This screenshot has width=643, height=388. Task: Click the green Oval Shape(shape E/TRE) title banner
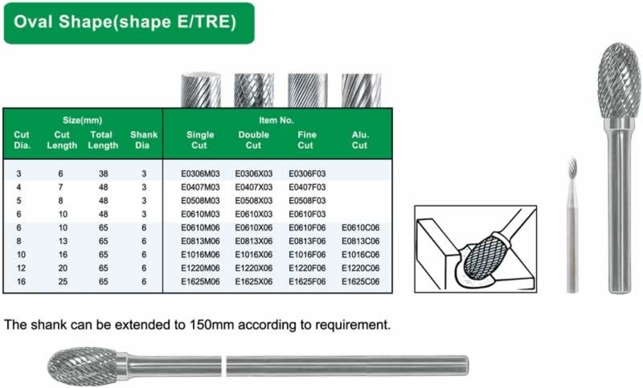pos(129,23)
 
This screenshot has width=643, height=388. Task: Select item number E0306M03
pos(200,174)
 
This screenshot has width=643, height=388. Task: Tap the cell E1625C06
pos(360,281)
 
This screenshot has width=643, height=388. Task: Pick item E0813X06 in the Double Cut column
pos(253,241)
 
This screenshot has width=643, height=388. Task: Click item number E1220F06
pos(307,268)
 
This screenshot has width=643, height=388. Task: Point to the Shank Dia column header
pos(144,140)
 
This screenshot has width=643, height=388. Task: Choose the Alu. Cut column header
pos(359,140)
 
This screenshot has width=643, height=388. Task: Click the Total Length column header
pos(103,140)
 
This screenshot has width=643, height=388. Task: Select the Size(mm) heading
pos(83,120)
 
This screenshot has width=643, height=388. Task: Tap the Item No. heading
pos(276,120)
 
